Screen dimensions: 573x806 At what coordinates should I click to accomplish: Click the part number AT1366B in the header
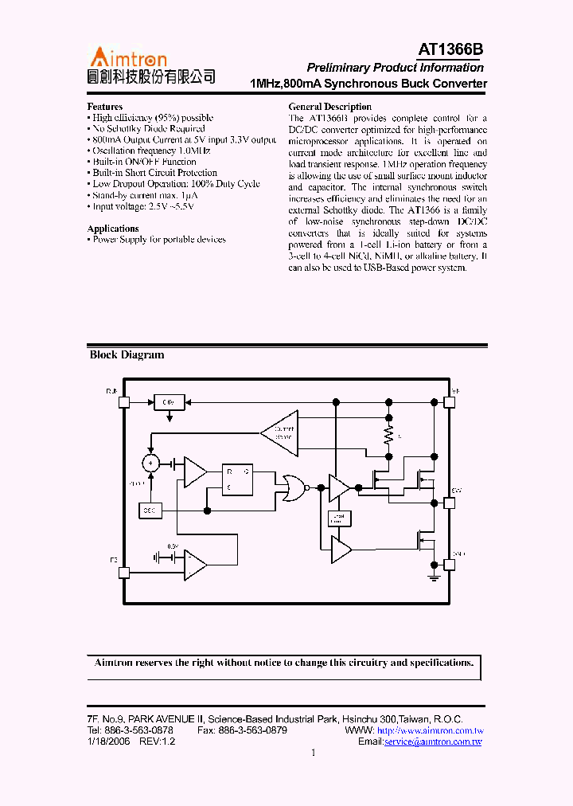[x=450, y=50]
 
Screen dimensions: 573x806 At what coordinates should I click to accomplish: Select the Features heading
[x=104, y=107]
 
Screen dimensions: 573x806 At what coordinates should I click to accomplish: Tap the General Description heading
[x=329, y=107]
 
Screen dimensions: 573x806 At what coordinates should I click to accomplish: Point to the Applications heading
[x=113, y=229]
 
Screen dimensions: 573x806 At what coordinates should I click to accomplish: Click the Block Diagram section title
[x=127, y=355]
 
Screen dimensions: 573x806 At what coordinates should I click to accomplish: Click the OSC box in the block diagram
[x=150, y=509]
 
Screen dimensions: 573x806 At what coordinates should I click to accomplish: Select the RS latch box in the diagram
[x=238, y=479]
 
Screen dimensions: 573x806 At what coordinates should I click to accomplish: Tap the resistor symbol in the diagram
[x=389, y=436]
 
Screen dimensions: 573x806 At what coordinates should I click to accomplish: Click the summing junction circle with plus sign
[x=150, y=463]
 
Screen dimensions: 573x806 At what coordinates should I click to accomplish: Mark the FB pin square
[x=123, y=572]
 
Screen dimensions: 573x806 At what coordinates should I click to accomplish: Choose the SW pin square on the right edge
[x=449, y=503]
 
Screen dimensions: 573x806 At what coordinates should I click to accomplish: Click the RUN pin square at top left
[x=123, y=402]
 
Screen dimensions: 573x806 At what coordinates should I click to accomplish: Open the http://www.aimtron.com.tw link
[x=430, y=730]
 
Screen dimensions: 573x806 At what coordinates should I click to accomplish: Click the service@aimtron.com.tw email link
[x=433, y=741]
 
